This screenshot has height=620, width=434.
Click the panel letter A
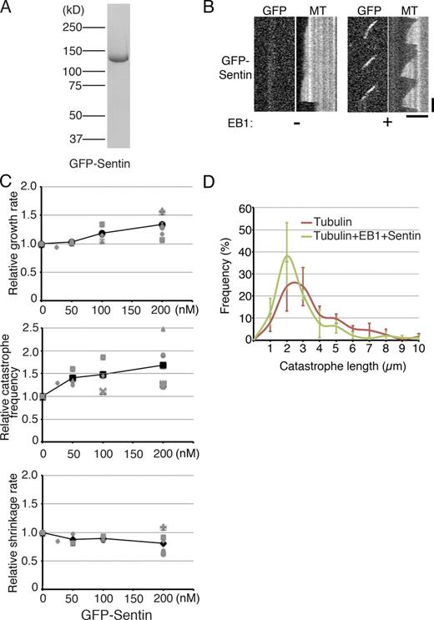[x=9, y=10]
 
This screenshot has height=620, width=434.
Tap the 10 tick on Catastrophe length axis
[x=419, y=352]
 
